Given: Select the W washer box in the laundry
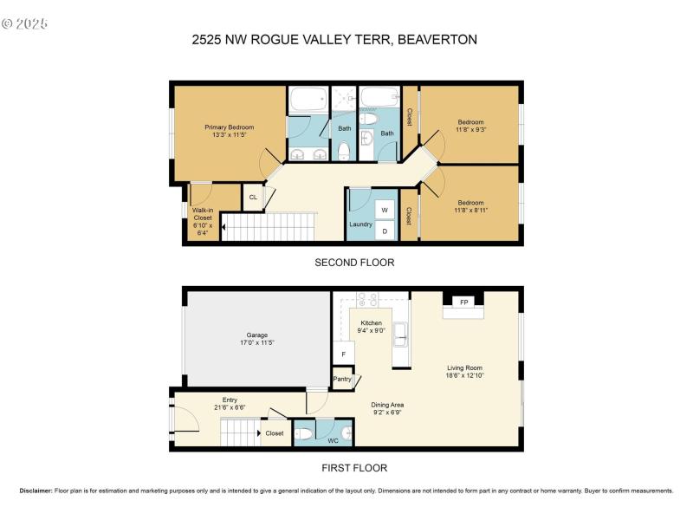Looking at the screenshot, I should pyautogui.click(x=385, y=211).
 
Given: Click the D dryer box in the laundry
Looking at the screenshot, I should pyautogui.click(x=385, y=231).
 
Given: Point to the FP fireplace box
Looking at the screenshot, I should pyautogui.click(x=463, y=302).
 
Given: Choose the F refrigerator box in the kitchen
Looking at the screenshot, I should pyautogui.click(x=343, y=354).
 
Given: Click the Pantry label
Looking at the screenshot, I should pyautogui.click(x=342, y=379).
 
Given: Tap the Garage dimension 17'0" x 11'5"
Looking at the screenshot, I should pyautogui.click(x=256, y=342).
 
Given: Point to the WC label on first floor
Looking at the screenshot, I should pyautogui.click(x=333, y=440).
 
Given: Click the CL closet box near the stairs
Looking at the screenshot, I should pyautogui.click(x=253, y=198).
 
